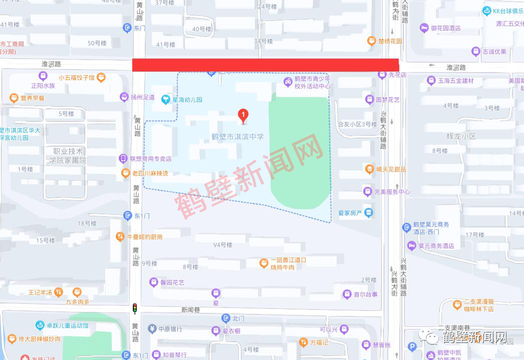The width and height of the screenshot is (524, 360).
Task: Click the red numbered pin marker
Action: coord(243,116)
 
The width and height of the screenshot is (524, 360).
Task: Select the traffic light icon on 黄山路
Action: coord(134,308)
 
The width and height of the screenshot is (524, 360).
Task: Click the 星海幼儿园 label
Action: coord(187,100)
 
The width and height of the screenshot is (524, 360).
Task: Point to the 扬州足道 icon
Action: coord(124,97)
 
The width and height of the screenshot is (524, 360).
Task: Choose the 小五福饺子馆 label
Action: coord(76,78)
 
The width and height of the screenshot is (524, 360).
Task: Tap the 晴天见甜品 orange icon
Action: coord(370,169)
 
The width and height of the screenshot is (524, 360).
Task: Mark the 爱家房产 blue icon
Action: coord(369,213)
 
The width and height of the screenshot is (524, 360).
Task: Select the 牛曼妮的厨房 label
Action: coord(145,236)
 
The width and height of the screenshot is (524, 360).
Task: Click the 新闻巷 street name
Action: coord(190,310)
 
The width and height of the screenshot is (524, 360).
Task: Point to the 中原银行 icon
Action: coord(152,329)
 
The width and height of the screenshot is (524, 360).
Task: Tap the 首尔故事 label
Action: coord(366,294)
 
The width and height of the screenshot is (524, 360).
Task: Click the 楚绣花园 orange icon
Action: coord(372,41)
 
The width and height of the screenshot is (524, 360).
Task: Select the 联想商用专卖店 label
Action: coord(151,159)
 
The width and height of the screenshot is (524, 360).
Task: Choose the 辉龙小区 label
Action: coord(461,136)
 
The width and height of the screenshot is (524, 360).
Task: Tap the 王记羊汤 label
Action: coord(40,291)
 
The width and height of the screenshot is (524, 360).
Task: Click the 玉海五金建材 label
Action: coord(456,81)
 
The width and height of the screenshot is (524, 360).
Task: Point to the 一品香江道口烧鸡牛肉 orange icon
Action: coord(264,263)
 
